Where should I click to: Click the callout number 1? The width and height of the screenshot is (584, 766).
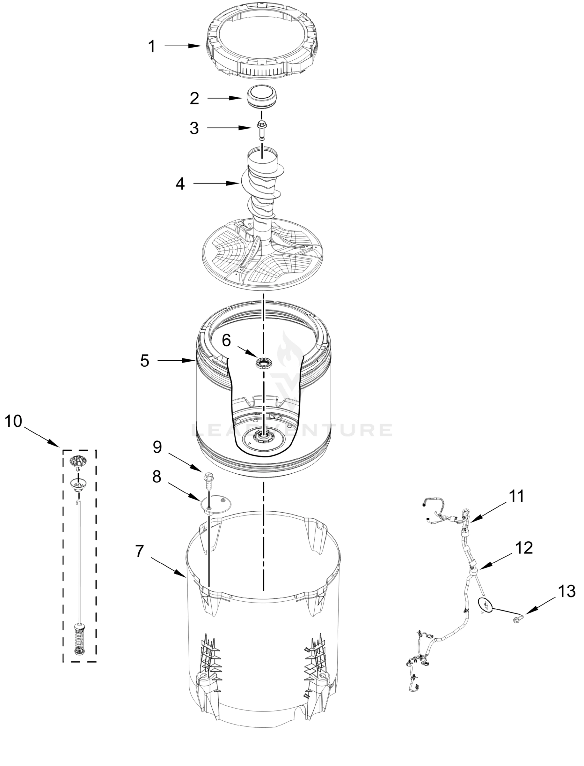coord(151,47)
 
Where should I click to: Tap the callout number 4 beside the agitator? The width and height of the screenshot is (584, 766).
coord(180,184)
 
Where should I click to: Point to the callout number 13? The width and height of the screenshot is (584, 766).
coord(566,591)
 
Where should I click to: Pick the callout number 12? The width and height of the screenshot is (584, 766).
coord(524,548)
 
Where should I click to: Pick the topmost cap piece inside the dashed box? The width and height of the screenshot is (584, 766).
coord(78,461)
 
